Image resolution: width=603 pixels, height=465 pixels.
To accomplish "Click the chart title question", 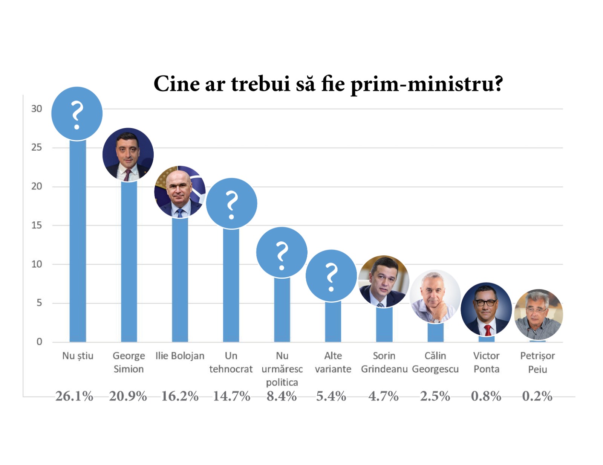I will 328,84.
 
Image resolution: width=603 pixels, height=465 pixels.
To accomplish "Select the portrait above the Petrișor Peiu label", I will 538,314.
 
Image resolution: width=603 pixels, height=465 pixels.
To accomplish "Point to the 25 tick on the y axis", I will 37,147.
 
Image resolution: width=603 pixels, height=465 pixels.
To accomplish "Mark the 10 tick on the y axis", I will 37,264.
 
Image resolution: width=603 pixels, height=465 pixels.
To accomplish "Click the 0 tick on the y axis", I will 39,342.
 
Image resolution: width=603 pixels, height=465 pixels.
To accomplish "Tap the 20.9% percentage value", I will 128,396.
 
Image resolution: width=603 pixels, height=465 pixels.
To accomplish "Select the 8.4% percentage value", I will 282,396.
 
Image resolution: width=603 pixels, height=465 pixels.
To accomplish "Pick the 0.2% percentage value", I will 537,396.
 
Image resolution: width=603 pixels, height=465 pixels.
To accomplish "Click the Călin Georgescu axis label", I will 435,362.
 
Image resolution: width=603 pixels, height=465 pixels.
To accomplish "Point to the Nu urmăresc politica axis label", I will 282,369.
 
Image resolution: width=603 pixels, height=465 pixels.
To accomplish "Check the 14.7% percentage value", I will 231,396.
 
